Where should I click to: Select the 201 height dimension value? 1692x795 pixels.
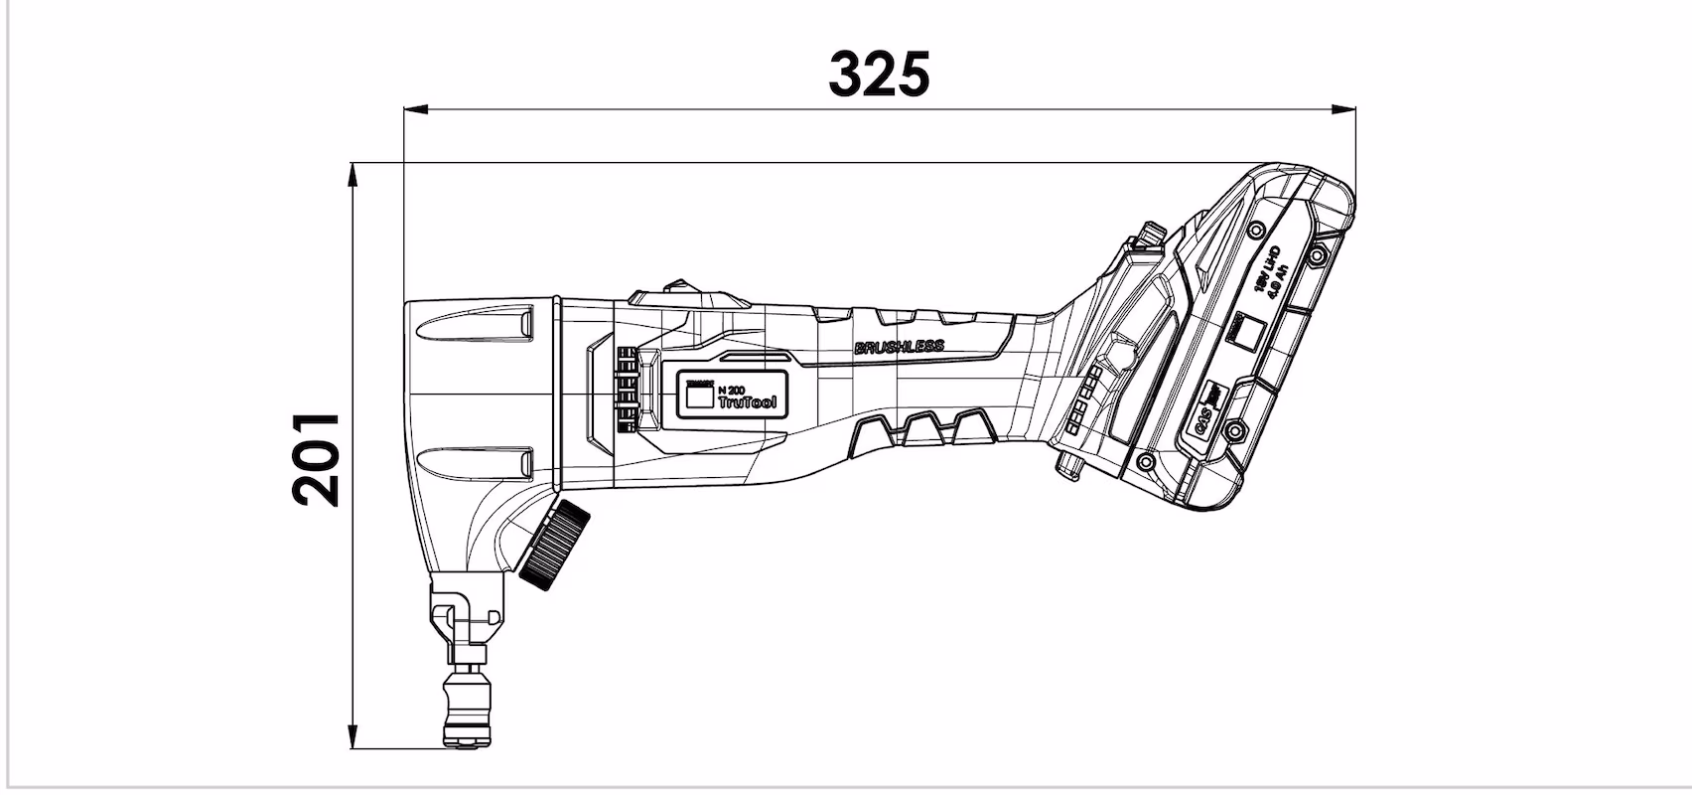(317, 459)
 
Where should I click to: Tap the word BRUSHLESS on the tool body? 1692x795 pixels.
(899, 347)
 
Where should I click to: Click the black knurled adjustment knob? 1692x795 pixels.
(554, 546)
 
